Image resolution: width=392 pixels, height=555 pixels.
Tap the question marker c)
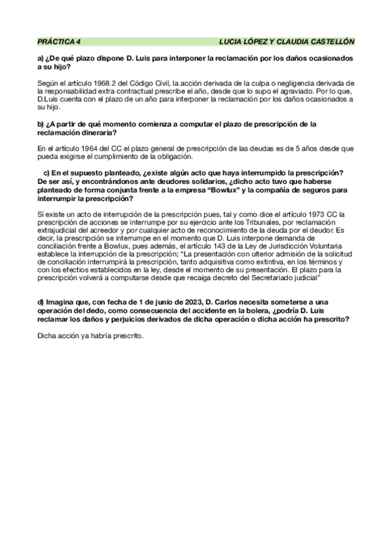(x=46, y=173)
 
